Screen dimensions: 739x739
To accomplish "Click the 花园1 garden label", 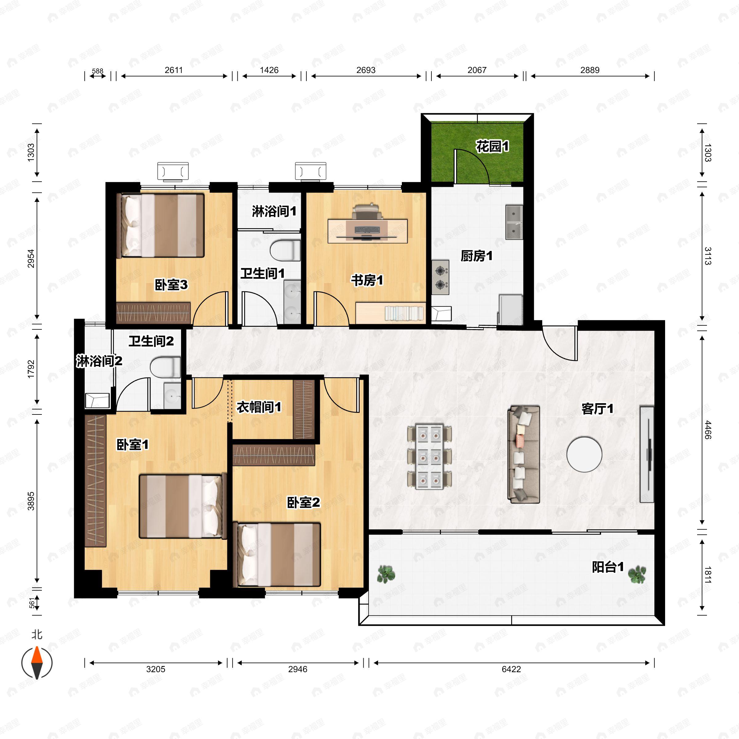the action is click(492, 146).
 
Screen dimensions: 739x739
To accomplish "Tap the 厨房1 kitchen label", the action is click(476, 256).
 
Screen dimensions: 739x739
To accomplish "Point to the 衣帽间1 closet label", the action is click(259, 407).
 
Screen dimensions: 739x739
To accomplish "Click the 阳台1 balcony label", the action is click(608, 567).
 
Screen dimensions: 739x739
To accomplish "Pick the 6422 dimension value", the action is click(511, 669).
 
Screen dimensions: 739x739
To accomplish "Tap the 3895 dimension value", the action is click(31, 501).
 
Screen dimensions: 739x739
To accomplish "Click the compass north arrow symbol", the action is click(37, 663).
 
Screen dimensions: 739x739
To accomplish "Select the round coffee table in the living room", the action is click(584, 454).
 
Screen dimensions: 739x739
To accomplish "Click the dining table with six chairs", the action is click(429, 456).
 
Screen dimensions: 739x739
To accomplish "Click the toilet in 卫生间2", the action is click(165, 367).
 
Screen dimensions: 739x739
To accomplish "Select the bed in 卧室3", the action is click(160, 225).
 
